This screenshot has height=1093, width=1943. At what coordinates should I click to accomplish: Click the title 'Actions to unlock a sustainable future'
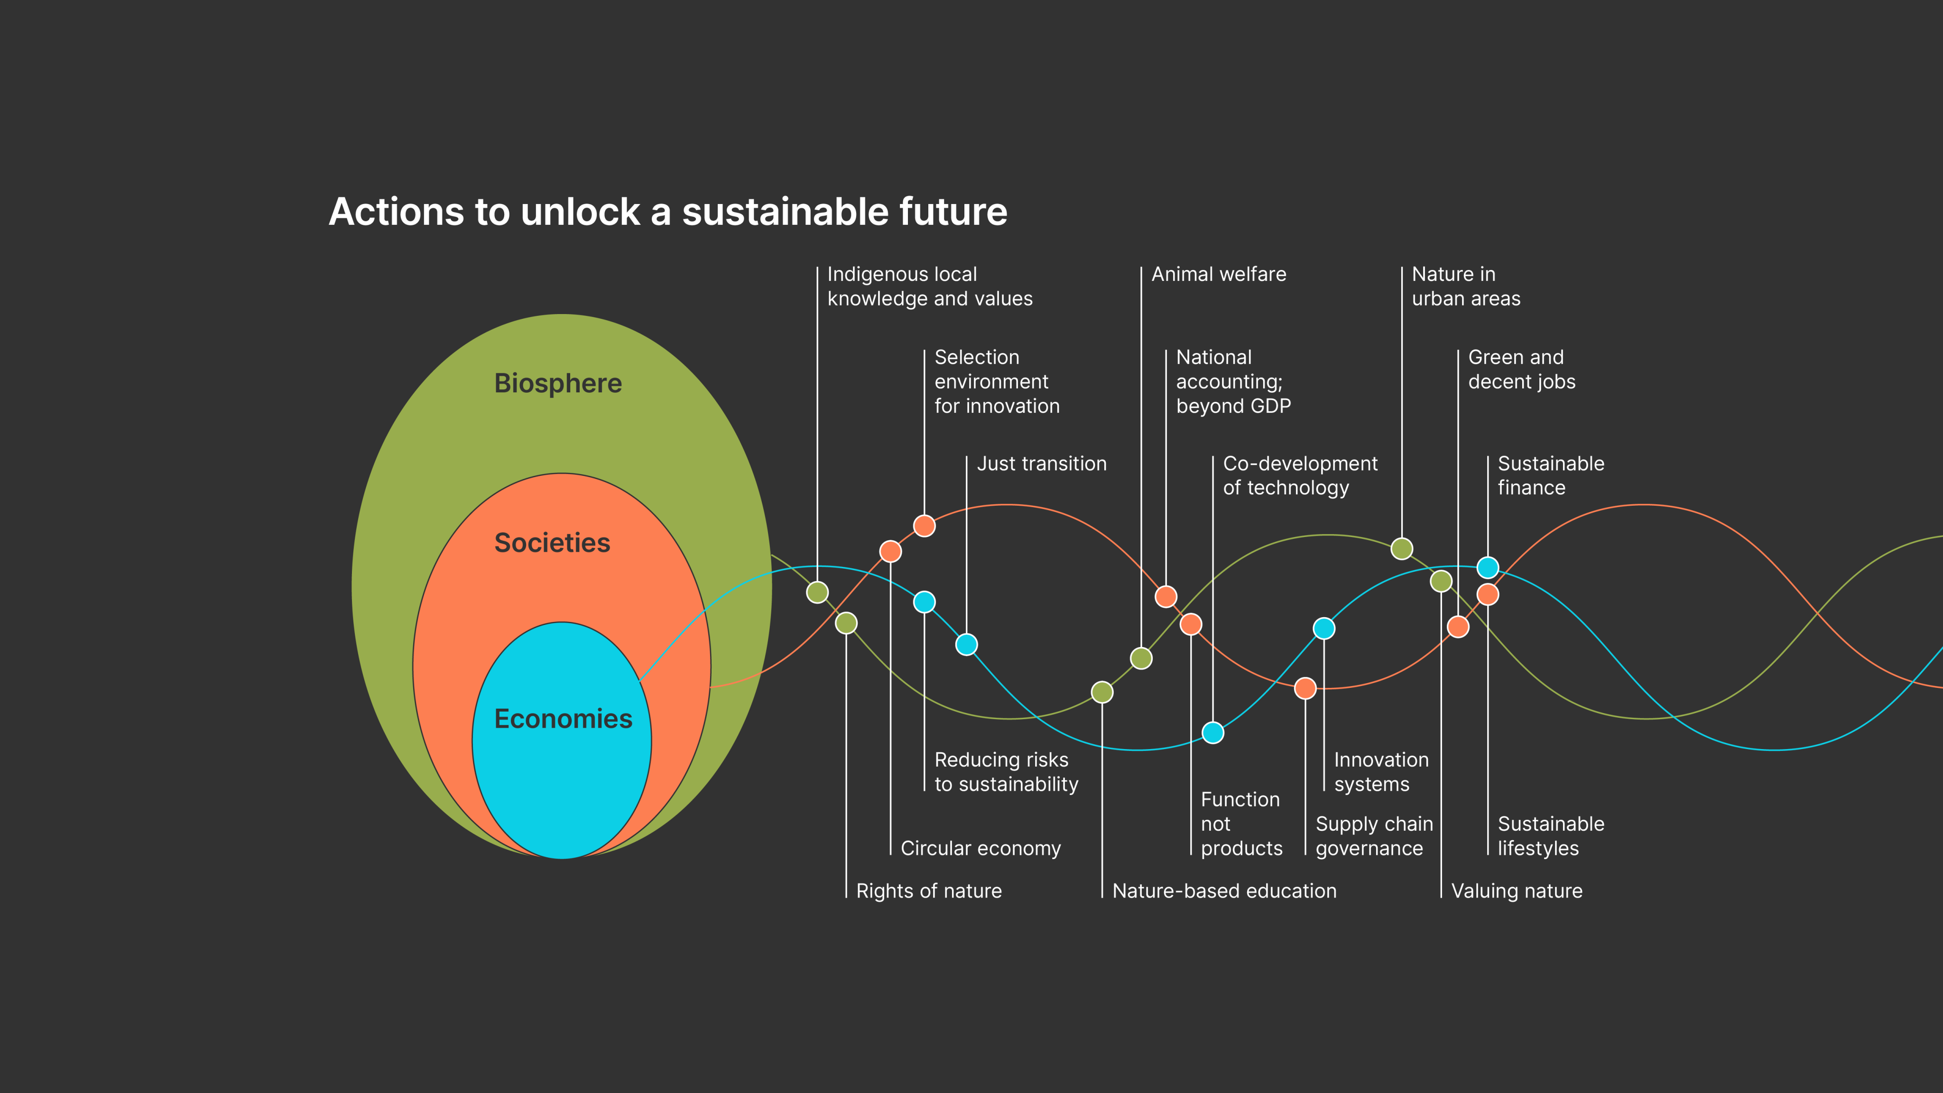667,212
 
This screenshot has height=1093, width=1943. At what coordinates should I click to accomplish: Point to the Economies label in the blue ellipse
563,719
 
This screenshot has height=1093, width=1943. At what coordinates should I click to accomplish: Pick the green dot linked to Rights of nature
846,623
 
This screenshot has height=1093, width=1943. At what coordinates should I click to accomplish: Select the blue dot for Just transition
966,644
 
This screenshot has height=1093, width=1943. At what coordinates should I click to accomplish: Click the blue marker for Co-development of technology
1213,732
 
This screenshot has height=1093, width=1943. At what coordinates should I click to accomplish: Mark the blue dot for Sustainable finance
1488,567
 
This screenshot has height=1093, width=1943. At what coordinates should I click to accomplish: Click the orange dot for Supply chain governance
1305,688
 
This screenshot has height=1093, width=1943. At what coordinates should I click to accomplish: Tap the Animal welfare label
1218,275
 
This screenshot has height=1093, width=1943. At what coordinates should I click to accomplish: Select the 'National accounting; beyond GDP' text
1233,382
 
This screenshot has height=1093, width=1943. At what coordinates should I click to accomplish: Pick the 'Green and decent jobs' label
1521,370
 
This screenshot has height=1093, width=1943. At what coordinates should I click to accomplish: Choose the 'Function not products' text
1241,824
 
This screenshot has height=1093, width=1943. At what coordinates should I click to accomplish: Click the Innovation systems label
1380,772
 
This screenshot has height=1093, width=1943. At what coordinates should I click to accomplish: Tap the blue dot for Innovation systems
1324,629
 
